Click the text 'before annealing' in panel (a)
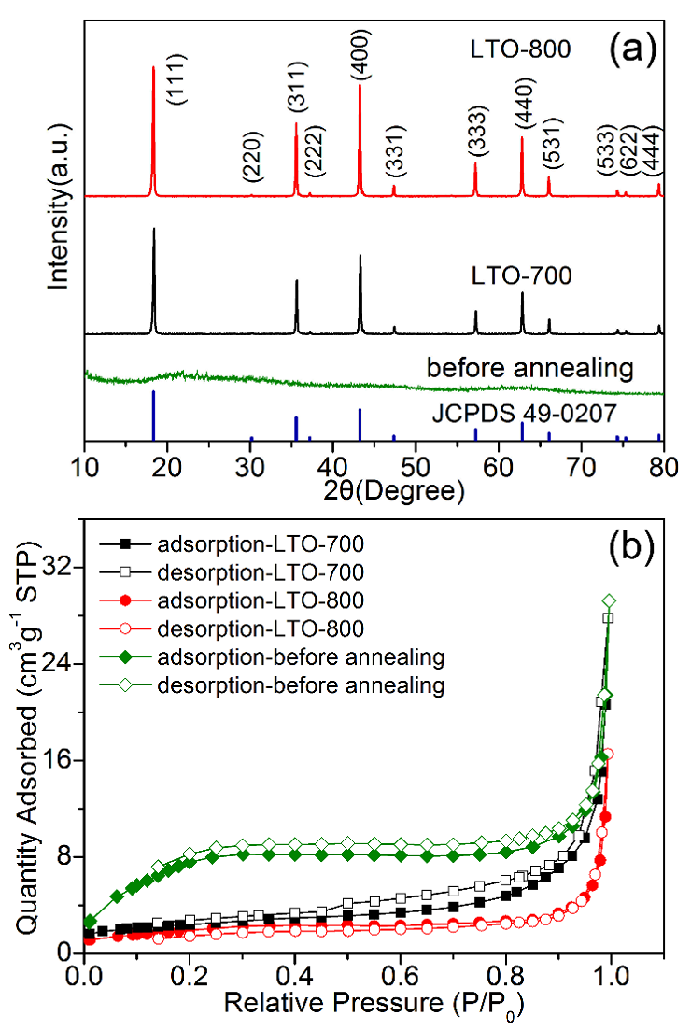529,367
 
